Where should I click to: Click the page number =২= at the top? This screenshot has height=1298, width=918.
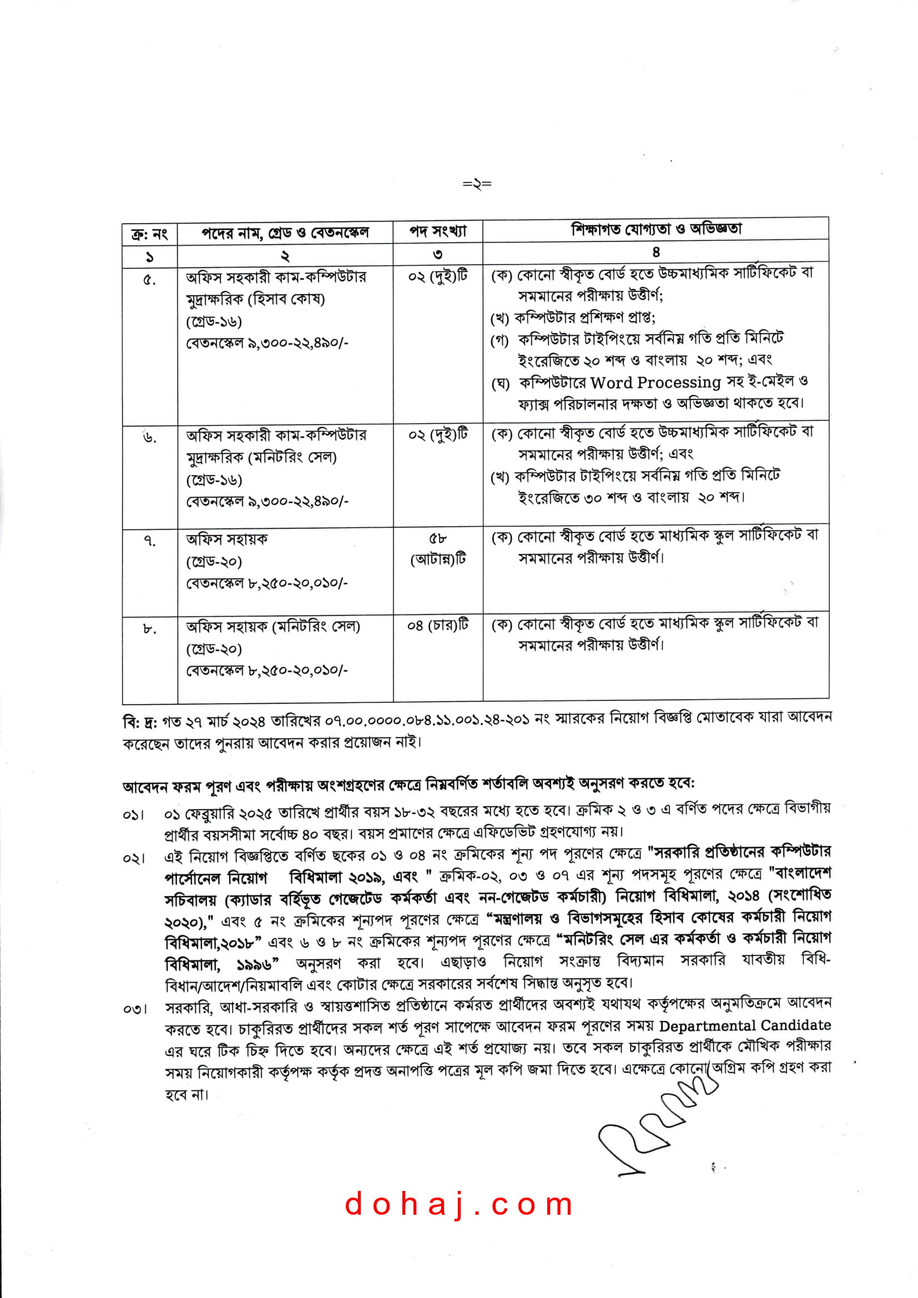(x=477, y=184)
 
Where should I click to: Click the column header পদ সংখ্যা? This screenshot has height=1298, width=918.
(x=437, y=231)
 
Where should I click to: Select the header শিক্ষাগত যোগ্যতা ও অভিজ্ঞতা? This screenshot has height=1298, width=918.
(x=655, y=229)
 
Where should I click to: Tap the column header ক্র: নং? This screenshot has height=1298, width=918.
(x=149, y=234)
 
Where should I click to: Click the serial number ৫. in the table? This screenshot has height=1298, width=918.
(x=149, y=279)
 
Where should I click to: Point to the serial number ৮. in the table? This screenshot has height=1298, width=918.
(x=149, y=628)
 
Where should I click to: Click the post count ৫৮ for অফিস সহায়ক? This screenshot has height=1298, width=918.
(x=437, y=538)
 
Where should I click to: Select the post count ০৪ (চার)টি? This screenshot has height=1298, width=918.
(x=437, y=625)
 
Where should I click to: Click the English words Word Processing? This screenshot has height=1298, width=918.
(x=655, y=383)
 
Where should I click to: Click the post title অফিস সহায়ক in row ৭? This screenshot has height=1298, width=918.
(x=226, y=539)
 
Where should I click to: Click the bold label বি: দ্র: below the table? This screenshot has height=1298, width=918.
(x=140, y=722)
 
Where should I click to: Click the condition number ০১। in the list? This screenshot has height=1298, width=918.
(x=134, y=815)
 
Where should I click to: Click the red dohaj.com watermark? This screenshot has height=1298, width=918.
(x=458, y=1204)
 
